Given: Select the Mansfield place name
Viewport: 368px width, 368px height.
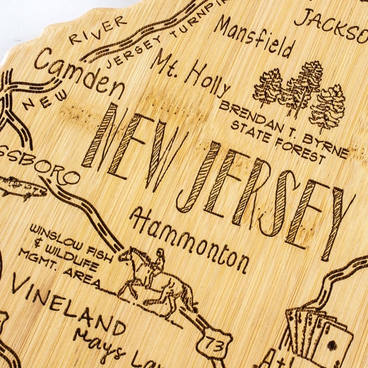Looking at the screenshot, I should click(254, 37).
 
